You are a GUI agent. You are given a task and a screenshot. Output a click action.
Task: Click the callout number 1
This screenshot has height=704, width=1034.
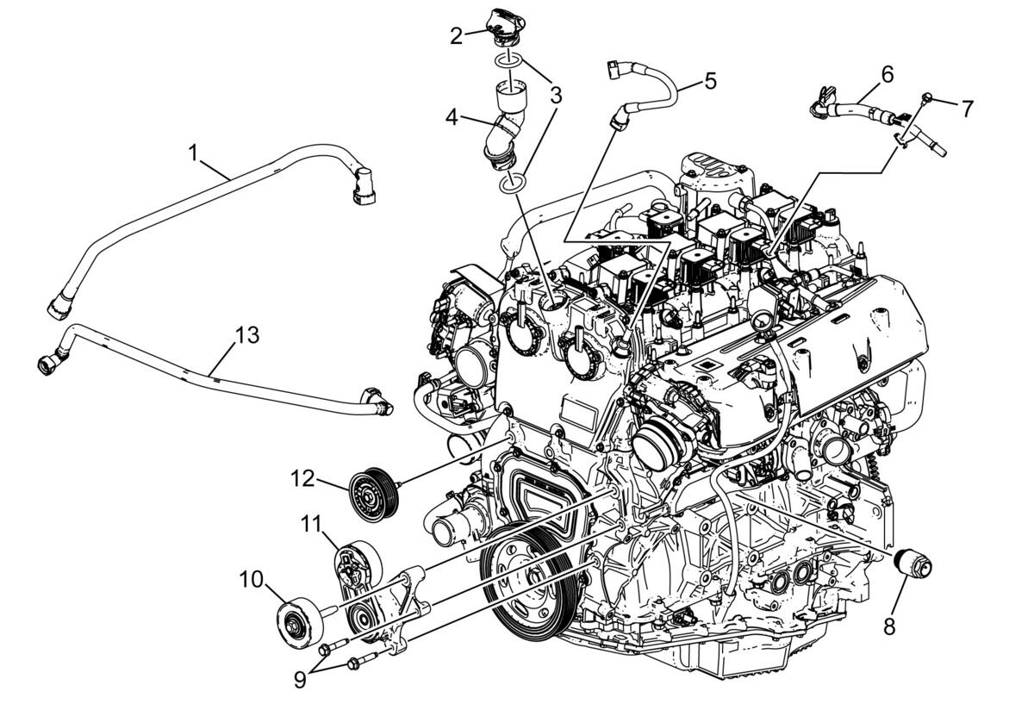pyautogui.click(x=194, y=153)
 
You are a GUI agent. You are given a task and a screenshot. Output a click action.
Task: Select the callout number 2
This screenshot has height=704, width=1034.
pyautogui.click(x=456, y=36)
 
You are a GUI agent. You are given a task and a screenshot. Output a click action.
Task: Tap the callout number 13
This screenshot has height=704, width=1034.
pyautogui.click(x=247, y=335)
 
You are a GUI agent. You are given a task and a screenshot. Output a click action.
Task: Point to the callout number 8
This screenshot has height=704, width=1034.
pyautogui.click(x=889, y=626)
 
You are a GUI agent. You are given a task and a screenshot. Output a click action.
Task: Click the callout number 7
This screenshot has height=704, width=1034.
pyautogui.click(x=967, y=109)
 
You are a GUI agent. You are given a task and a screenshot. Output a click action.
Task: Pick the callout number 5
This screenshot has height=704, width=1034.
pyautogui.click(x=710, y=80)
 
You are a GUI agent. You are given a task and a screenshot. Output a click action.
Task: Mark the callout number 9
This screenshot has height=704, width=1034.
pyautogui.click(x=300, y=680)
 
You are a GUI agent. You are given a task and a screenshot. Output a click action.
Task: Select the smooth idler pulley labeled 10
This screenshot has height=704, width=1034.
pyautogui.click(x=301, y=623)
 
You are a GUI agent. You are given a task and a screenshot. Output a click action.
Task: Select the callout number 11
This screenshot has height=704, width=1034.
pyautogui.click(x=311, y=525)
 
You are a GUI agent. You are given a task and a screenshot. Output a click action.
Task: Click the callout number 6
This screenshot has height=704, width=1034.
pyautogui.click(x=888, y=75)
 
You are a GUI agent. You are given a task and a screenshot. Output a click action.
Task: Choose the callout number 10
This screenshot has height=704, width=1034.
pyautogui.click(x=251, y=579)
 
